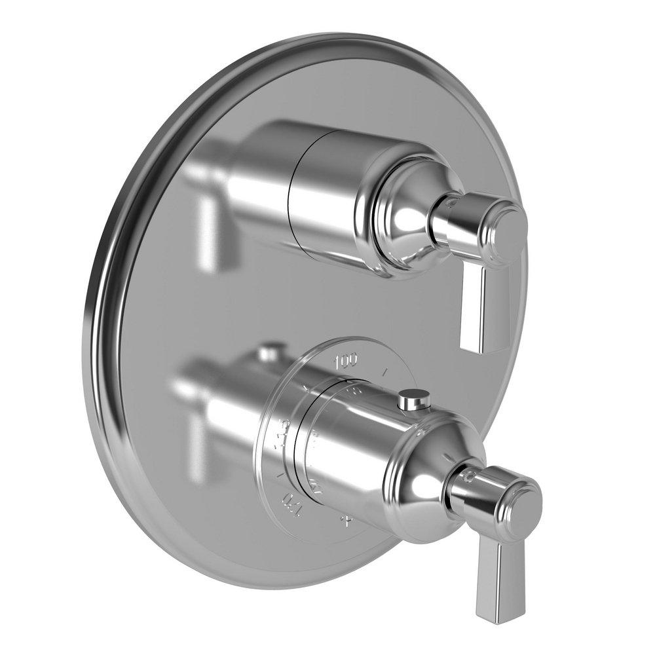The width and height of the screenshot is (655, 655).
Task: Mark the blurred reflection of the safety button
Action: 267,354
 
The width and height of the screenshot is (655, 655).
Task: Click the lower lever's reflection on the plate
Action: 196,452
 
